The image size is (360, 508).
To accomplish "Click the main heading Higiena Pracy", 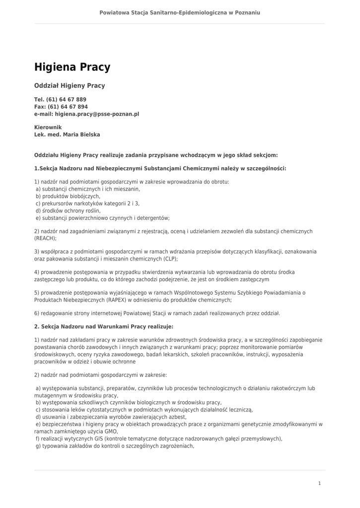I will [x=72, y=67].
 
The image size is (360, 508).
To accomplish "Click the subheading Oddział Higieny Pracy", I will [x=70, y=86].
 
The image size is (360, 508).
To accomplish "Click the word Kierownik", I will [x=48, y=127].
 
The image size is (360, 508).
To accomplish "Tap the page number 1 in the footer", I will [x=319, y=483].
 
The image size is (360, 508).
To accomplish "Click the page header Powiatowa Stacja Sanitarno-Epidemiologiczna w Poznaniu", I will [x=180, y=12].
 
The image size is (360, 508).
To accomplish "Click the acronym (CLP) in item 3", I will [x=169, y=259].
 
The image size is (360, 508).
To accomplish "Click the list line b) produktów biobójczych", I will [x=68, y=196].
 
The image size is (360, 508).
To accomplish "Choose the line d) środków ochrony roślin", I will [x=68, y=211].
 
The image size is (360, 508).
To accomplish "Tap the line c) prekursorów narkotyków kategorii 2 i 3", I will [x=87, y=203].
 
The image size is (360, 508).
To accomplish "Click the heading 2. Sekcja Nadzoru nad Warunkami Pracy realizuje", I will [x=104, y=326].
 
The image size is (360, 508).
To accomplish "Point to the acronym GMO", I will [x=111, y=432].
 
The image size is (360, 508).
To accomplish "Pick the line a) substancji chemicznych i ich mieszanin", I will [x=87, y=189].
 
